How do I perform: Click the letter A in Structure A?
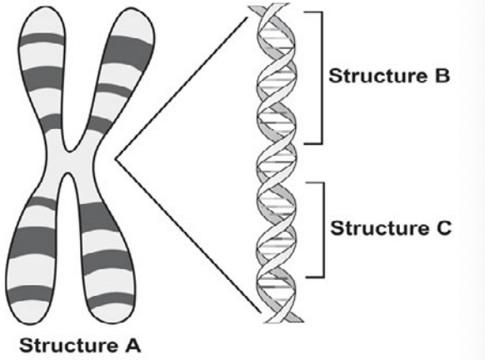pos(132,345)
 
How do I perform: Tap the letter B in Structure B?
pos(442,76)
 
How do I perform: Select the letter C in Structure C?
pos(444,228)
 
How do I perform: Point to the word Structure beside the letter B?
pos(378,76)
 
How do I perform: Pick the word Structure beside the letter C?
pos(380,228)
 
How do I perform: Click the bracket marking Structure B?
pos(322,78)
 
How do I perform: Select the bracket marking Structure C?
pos(324,230)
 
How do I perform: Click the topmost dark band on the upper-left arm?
pos(42,39)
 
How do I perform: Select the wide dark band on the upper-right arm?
pos(127,52)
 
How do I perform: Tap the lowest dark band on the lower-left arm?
pos(29,293)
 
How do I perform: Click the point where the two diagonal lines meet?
pos(116,159)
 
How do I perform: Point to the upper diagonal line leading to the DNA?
pos(182,88)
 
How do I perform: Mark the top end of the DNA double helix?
pos(270,7)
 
